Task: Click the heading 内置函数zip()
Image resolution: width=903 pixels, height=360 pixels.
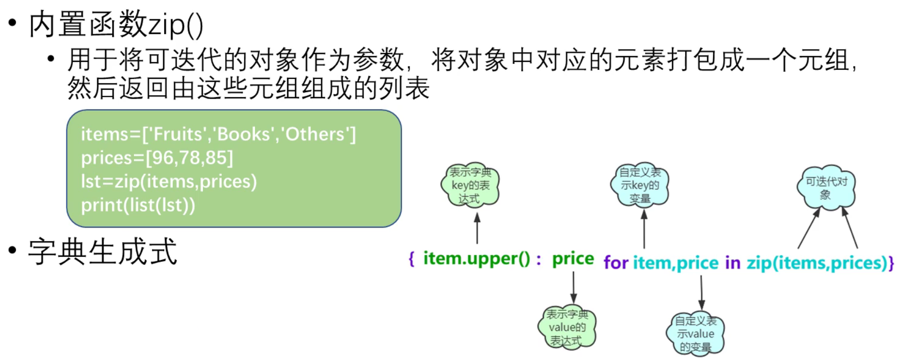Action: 116,25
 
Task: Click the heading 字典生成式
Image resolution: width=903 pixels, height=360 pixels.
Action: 102,252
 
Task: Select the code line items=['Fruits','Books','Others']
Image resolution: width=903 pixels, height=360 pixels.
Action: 218,134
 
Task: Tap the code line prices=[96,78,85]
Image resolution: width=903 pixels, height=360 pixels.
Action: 157,158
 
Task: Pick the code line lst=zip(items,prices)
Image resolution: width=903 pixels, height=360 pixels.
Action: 169,181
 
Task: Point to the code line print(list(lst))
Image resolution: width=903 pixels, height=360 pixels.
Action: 138,205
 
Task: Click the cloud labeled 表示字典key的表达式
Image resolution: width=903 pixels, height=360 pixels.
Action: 470,185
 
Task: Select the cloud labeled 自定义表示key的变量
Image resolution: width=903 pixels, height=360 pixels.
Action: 640,185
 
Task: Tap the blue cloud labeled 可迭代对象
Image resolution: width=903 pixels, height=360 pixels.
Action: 826,187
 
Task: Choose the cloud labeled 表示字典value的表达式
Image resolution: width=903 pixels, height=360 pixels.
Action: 567,327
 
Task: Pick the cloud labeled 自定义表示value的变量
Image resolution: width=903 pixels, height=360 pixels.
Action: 695,334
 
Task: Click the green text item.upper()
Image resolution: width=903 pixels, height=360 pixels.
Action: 477,258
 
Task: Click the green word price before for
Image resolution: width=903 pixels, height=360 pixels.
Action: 573,258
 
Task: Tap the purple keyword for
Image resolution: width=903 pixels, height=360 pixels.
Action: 616,263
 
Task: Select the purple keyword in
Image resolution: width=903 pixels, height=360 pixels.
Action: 732,263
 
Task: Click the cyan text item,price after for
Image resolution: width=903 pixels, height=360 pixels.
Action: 675,263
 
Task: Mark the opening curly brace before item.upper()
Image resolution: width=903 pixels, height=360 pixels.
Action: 411,258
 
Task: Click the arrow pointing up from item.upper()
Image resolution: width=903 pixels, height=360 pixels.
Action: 477,228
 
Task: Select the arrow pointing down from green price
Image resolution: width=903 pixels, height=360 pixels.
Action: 574,287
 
